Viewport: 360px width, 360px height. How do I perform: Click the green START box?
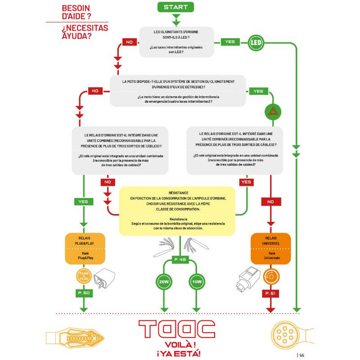[x=175, y=7]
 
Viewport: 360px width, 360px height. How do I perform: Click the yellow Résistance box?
[x=177, y=211]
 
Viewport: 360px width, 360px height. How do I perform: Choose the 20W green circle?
[x=163, y=282]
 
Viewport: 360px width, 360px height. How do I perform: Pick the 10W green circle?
[x=196, y=282]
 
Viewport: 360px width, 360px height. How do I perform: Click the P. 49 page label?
[x=180, y=260]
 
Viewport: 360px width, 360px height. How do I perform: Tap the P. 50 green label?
[x=83, y=293]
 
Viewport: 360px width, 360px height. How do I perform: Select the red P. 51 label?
[x=270, y=293]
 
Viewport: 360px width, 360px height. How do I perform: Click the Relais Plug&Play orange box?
[x=85, y=248]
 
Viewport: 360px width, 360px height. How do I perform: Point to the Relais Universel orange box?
[x=270, y=248]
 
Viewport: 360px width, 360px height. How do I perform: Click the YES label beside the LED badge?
[x=229, y=42]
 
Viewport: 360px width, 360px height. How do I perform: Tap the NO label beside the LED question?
[x=129, y=42]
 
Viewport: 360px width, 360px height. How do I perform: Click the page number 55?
[x=302, y=355]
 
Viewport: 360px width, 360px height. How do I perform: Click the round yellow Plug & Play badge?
[x=84, y=276]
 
